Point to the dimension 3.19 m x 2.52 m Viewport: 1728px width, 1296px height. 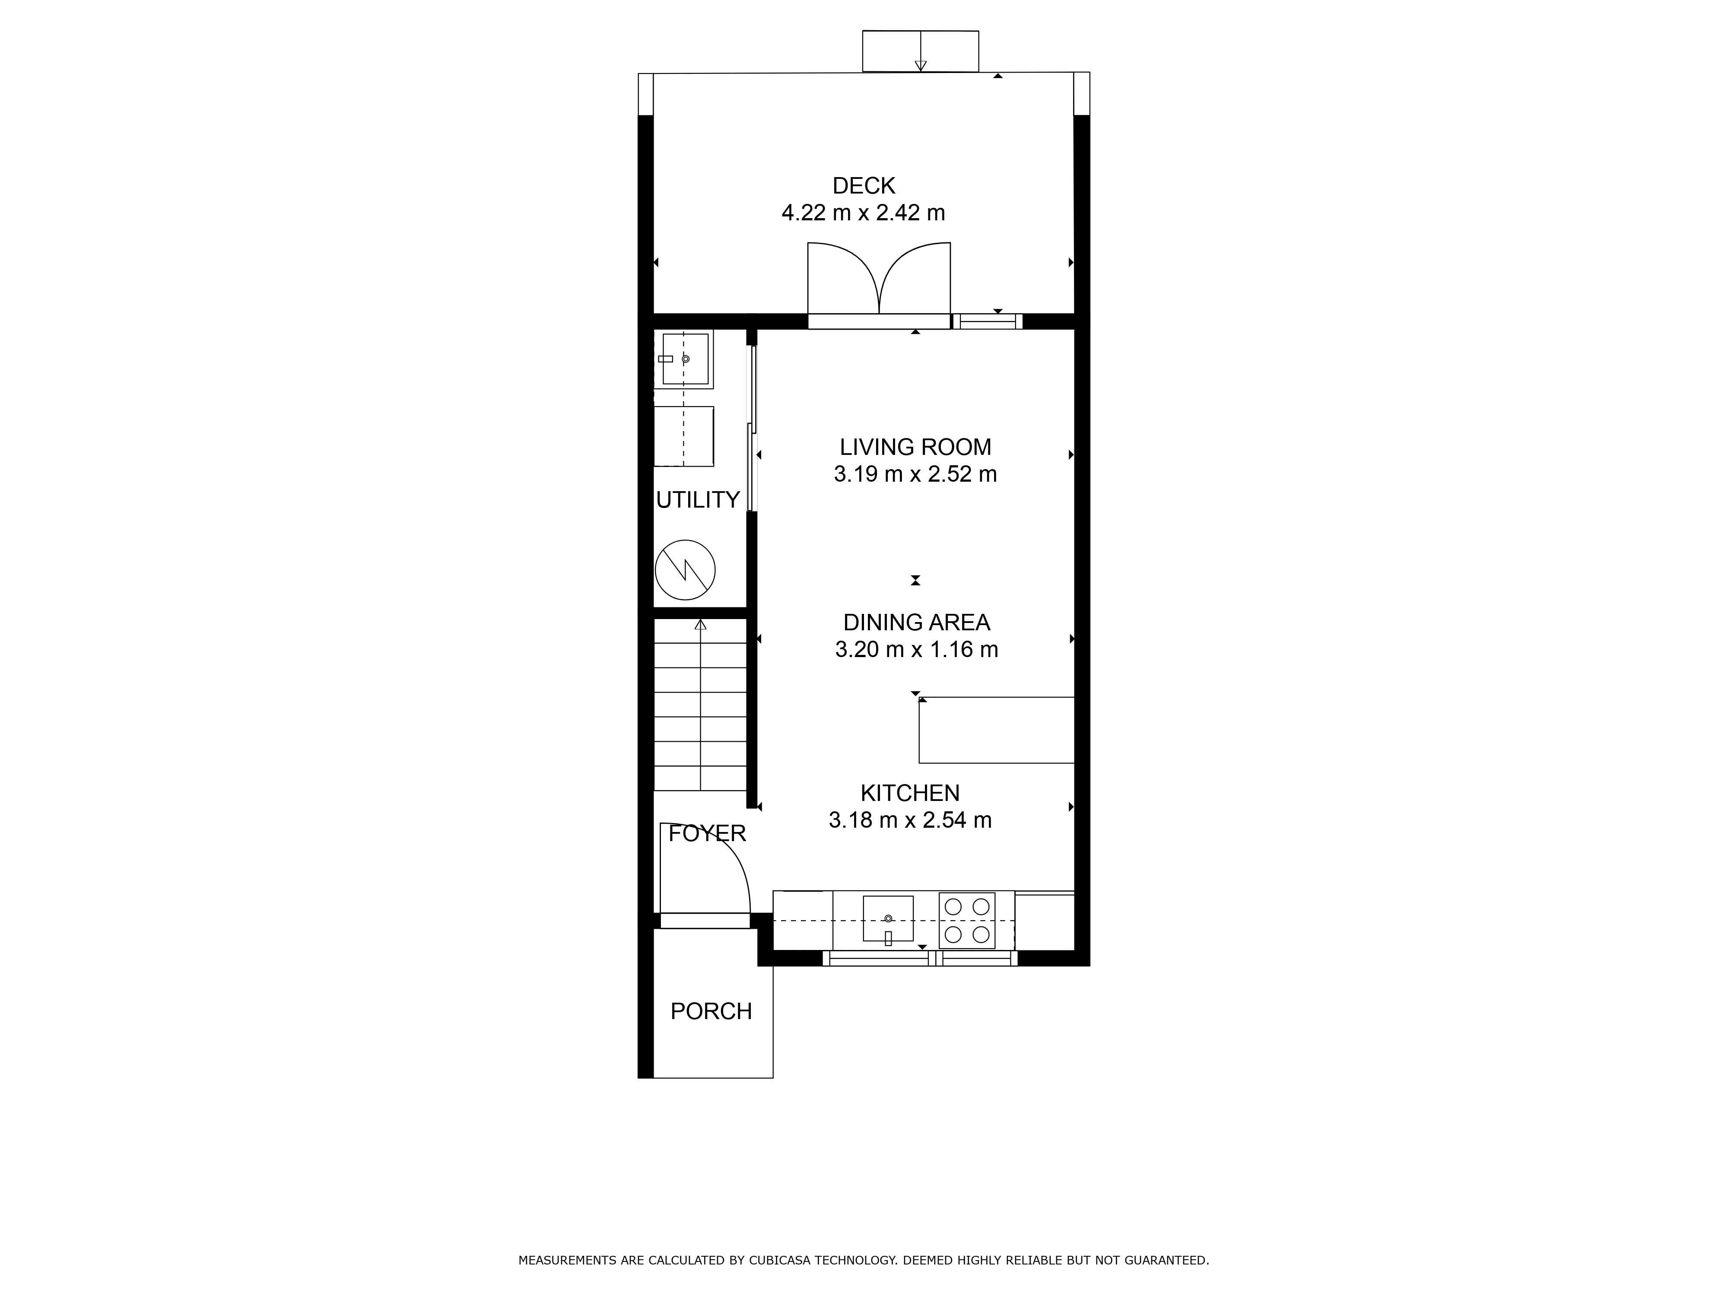(915, 474)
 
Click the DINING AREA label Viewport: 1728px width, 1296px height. (916, 623)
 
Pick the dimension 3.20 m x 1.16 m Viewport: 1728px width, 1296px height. (916, 649)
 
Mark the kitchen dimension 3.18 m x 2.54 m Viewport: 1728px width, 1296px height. (910, 820)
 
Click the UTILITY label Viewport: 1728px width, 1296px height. (698, 500)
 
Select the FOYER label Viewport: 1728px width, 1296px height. (707, 833)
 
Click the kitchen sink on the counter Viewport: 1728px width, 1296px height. (888, 919)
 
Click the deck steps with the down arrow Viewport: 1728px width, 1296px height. (920, 51)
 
